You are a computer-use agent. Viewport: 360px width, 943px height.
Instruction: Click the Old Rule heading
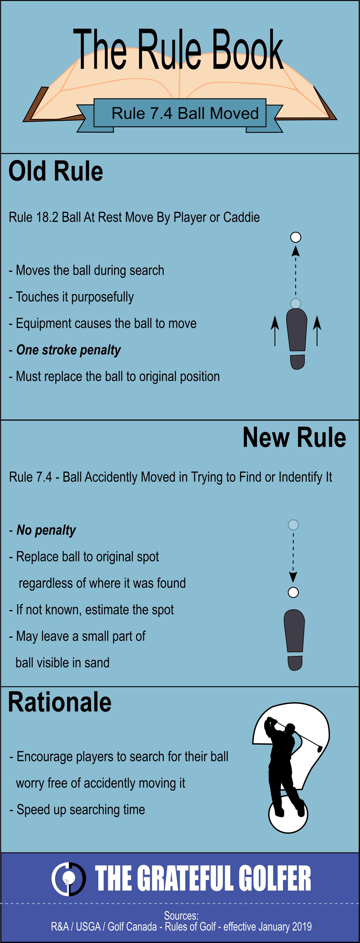click(56, 171)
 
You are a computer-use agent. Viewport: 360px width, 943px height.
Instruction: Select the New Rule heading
click(294, 438)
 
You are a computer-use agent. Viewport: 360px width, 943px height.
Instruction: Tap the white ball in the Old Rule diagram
click(296, 237)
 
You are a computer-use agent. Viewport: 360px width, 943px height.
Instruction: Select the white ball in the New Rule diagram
click(293, 592)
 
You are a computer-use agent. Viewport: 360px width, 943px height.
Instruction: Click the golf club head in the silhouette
click(319, 749)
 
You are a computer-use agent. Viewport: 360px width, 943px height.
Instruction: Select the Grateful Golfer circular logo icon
click(68, 879)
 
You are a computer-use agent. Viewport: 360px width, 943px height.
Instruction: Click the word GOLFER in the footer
click(275, 879)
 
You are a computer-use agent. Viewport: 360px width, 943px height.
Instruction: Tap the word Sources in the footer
click(181, 915)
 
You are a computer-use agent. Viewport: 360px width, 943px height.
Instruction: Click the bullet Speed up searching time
click(81, 810)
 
